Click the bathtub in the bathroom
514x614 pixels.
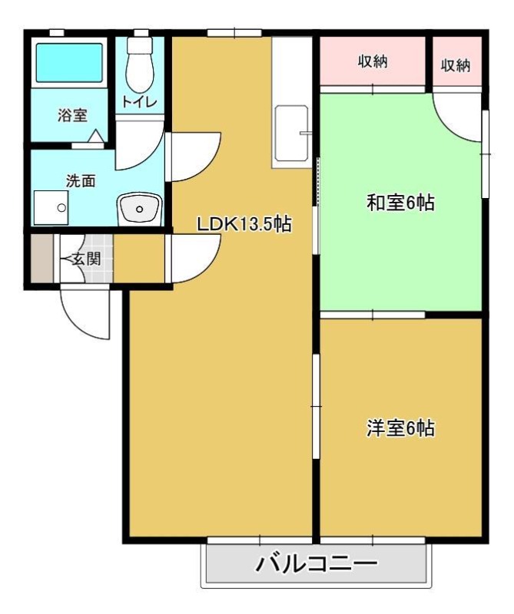pyautogui.click(x=69, y=63)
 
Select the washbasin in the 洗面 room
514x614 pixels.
pyautogui.click(x=140, y=209)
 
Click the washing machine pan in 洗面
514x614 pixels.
pyautogui.click(x=51, y=207)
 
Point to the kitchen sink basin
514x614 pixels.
pyautogui.click(x=291, y=134)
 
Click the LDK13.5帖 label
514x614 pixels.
pyautogui.click(x=244, y=224)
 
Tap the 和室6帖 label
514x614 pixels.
pyautogui.click(x=400, y=203)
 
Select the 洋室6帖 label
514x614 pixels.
pyautogui.click(x=400, y=427)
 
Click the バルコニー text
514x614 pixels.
pyautogui.click(x=316, y=564)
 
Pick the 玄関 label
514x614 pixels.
pyautogui.click(x=86, y=259)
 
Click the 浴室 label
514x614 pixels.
pyautogui.click(x=72, y=115)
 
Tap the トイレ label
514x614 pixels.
pyautogui.click(x=140, y=102)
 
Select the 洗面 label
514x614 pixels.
pyautogui.click(x=81, y=181)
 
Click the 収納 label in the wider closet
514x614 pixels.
pyautogui.click(x=373, y=61)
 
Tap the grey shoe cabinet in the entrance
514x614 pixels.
pyautogui.click(x=42, y=259)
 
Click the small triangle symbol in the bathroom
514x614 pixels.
pyautogui.click(x=96, y=136)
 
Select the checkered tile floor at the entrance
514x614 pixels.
pyautogui.click(x=98, y=259)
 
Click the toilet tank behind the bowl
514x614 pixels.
pyautogui.click(x=140, y=45)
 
